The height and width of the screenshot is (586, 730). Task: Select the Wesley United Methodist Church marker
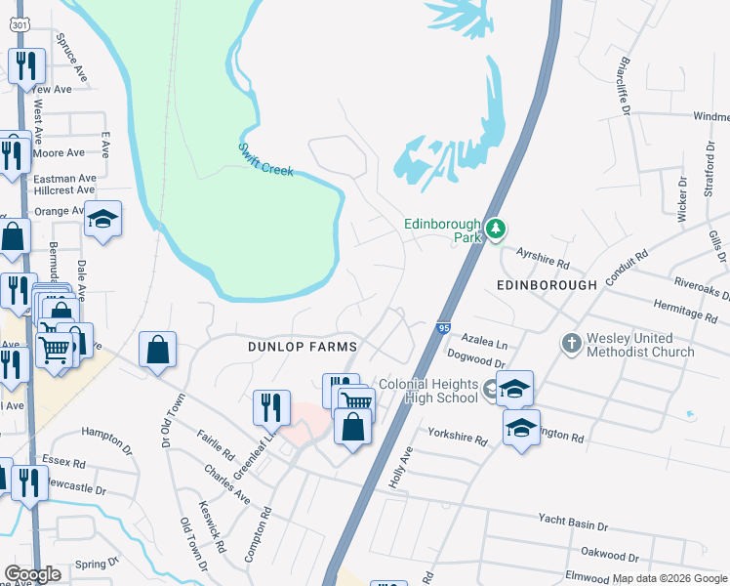(571, 343)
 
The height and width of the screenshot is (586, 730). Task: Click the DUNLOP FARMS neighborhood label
(302, 347)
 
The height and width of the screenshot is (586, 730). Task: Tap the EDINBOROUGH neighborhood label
(546, 285)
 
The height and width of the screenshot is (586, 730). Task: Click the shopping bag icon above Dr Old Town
(157, 350)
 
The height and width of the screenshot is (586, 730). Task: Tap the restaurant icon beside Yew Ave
(24, 66)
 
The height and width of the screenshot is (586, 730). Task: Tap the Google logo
(32, 574)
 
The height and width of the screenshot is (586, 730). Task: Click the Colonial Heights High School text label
(427, 391)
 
